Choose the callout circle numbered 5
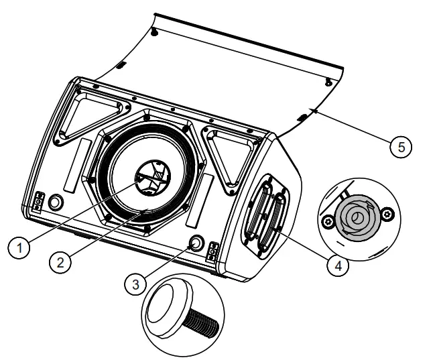[x=400, y=147]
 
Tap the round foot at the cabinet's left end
[x=56, y=202]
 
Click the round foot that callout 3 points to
[x=196, y=242]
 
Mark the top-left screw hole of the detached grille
[x=155, y=34]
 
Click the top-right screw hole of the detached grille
[x=328, y=81]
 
